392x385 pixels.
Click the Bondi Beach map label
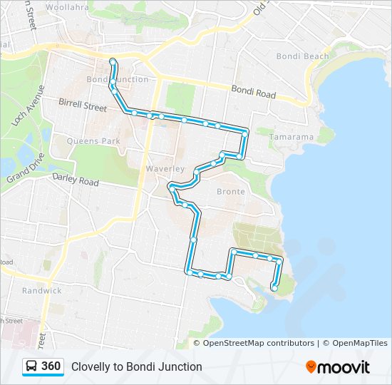[x=302, y=56]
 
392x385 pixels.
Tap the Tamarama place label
[x=292, y=137]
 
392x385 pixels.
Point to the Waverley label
[x=165, y=168]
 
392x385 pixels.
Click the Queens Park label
[x=93, y=141]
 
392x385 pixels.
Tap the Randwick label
[x=41, y=291]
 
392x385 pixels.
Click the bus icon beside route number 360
[x=31, y=366]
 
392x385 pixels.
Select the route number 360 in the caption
[x=51, y=366]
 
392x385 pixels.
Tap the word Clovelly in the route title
[x=91, y=367]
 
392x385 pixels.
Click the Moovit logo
[x=338, y=367]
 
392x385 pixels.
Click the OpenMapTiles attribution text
[x=356, y=343]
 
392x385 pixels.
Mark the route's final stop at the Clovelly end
[x=274, y=288]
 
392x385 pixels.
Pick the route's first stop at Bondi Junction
[x=113, y=61]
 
